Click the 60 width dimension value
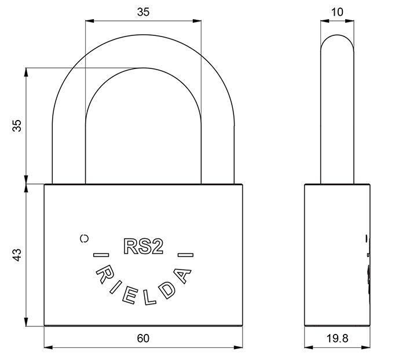(x=143, y=338)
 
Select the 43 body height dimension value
(x=17, y=255)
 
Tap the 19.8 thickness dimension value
(x=337, y=339)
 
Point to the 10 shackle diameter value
(x=337, y=12)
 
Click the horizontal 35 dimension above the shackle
(x=143, y=12)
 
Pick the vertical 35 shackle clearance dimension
(x=17, y=126)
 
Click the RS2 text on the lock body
(x=143, y=246)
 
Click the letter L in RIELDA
(x=150, y=298)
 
